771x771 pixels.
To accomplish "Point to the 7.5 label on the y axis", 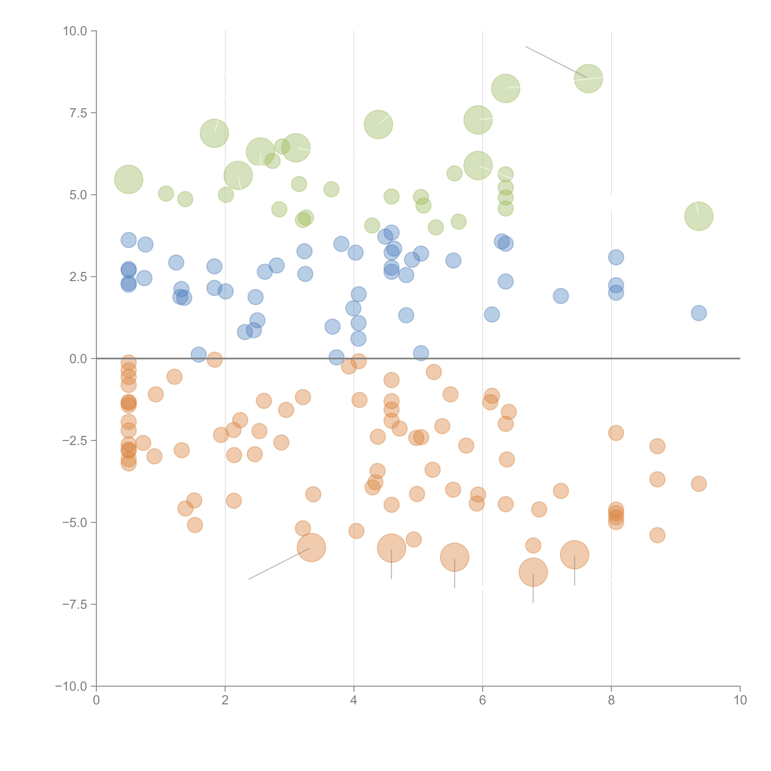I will tap(78, 113).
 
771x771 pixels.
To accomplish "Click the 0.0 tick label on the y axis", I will tap(78, 359).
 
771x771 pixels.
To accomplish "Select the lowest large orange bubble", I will tap(533, 572).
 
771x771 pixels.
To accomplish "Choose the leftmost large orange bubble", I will tap(311, 548).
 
